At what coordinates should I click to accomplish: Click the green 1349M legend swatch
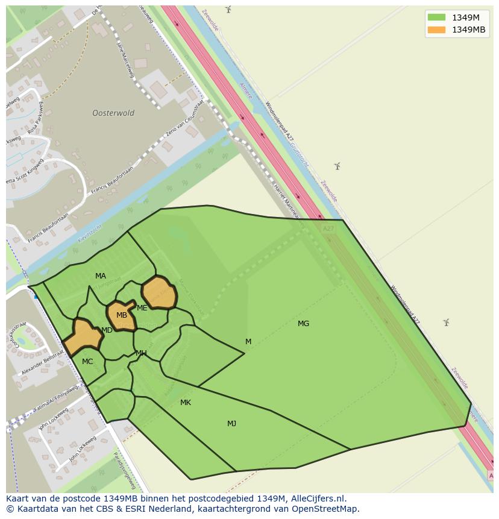tap(436, 17)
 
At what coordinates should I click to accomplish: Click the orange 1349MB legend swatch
tap(436, 30)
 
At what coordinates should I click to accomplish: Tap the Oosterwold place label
tap(113, 113)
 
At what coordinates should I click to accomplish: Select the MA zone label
tap(101, 276)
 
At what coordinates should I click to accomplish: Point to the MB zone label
tap(122, 315)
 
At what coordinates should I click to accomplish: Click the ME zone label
tap(142, 308)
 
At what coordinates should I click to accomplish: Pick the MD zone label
tap(107, 330)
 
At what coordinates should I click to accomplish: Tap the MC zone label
tap(87, 362)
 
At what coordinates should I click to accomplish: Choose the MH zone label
tap(141, 353)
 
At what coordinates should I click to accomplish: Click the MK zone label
tap(186, 403)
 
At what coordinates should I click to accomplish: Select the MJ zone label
tap(231, 424)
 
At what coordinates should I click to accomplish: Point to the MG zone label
tap(303, 324)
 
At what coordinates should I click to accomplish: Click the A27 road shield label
tap(328, 229)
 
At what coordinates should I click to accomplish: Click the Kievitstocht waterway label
tap(90, 234)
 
